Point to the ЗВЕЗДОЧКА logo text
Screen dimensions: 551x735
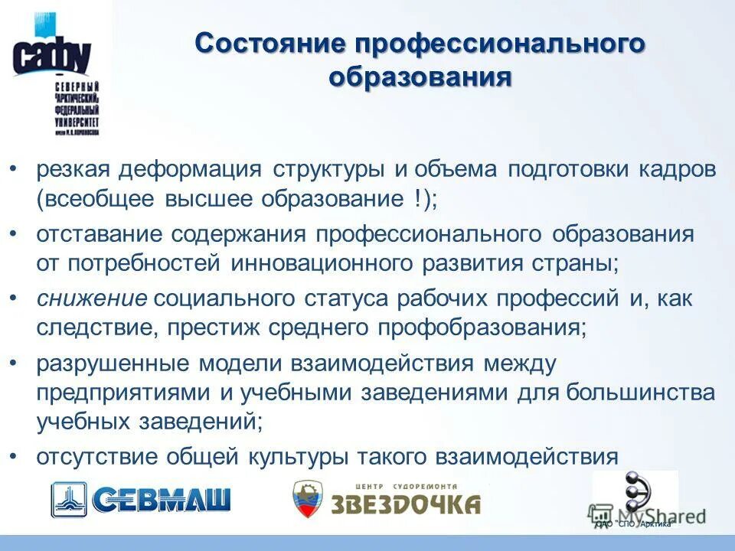[x=405, y=504]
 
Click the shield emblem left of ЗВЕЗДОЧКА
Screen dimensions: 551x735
[x=309, y=500]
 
